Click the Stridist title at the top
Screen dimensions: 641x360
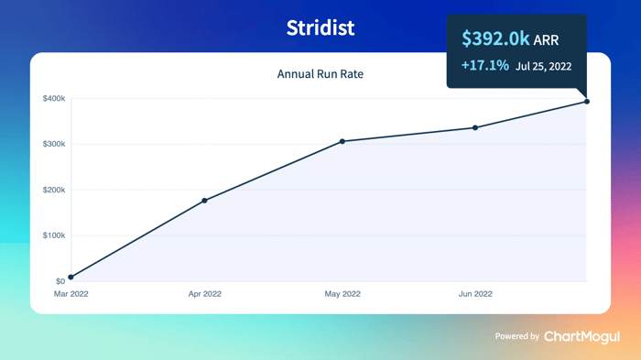(x=320, y=27)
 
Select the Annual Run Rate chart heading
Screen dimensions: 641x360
(x=320, y=74)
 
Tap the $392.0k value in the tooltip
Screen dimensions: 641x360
(x=495, y=38)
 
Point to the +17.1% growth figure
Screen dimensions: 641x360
(x=485, y=65)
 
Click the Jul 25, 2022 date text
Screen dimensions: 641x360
(x=543, y=66)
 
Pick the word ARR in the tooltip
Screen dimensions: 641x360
(x=546, y=40)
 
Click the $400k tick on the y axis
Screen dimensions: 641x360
(x=54, y=99)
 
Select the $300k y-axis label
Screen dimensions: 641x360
(x=54, y=144)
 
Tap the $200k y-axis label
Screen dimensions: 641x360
(x=54, y=190)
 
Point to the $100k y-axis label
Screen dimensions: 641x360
(x=54, y=235)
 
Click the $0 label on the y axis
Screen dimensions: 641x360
(x=60, y=281)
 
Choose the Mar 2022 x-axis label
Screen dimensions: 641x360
(x=71, y=294)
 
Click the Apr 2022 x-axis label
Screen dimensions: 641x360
(x=205, y=294)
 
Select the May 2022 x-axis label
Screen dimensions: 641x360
(x=342, y=294)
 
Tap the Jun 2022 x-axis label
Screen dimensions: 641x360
(x=475, y=294)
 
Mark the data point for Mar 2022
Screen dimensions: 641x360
(x=71, y=277)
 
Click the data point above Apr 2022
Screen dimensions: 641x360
(x=204, y=201)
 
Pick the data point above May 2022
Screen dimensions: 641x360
(x=342, y=142)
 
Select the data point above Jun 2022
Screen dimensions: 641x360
(x=475, y=127)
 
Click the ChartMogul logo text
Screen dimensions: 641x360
(x=581, y=337)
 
